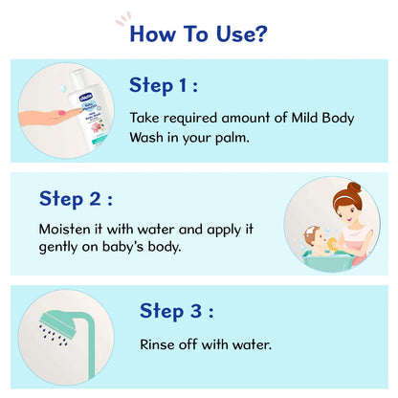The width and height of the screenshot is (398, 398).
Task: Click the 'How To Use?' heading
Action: click(198, 33)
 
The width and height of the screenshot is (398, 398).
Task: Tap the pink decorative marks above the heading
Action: click(123, 17)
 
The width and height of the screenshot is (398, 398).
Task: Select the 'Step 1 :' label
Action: click(163, 85)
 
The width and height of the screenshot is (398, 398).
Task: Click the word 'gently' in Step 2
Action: click(62, 248)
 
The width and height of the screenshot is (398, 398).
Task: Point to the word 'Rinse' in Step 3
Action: click(159, 343)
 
